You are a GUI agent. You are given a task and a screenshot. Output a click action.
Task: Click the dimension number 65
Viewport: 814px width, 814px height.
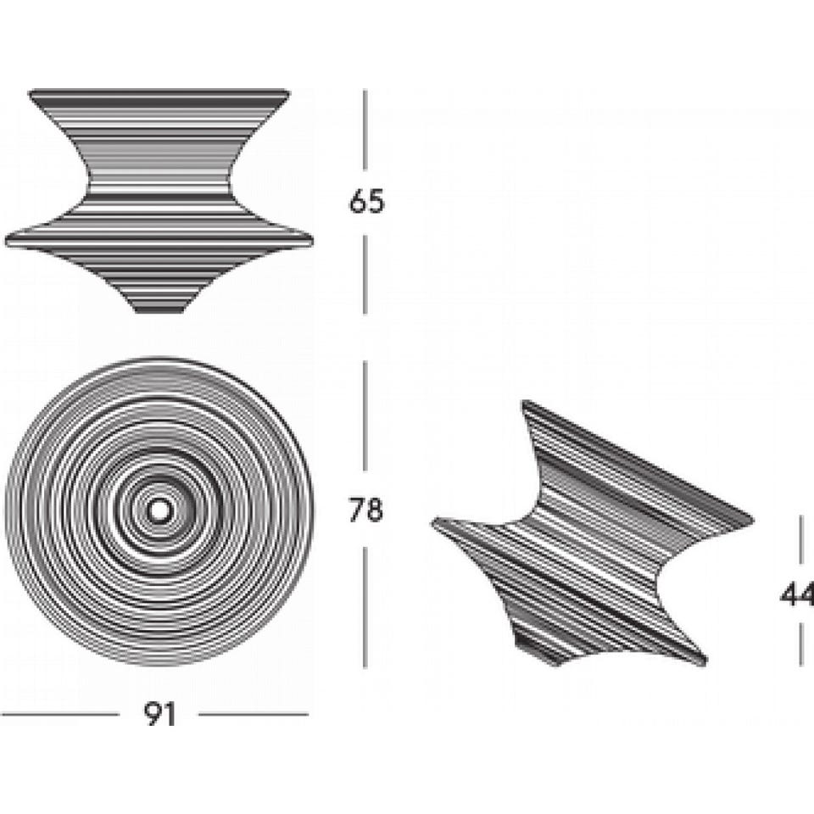tap(366, 202)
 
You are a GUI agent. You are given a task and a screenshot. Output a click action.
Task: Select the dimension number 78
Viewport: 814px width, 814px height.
tap(366, 510)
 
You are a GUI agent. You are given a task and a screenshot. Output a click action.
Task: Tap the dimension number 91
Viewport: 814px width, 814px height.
tap(160, 714)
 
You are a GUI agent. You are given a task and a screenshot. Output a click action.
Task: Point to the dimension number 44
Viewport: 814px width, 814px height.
tap(797, 595)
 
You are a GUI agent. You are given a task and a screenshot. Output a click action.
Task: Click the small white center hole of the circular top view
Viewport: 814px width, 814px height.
tap(158, 510)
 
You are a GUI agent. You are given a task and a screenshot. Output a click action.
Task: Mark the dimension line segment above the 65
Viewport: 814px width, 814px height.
tap(365, 130)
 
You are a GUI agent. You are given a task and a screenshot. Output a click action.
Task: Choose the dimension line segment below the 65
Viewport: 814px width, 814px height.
tap(365, 275)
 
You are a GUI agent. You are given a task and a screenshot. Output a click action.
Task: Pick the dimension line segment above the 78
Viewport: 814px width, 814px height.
tap(365, 415)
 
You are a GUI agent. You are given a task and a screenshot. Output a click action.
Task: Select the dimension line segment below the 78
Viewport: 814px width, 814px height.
tap(365, 607)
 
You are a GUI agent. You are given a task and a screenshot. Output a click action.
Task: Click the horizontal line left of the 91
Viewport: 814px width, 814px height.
tap(59, 714)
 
